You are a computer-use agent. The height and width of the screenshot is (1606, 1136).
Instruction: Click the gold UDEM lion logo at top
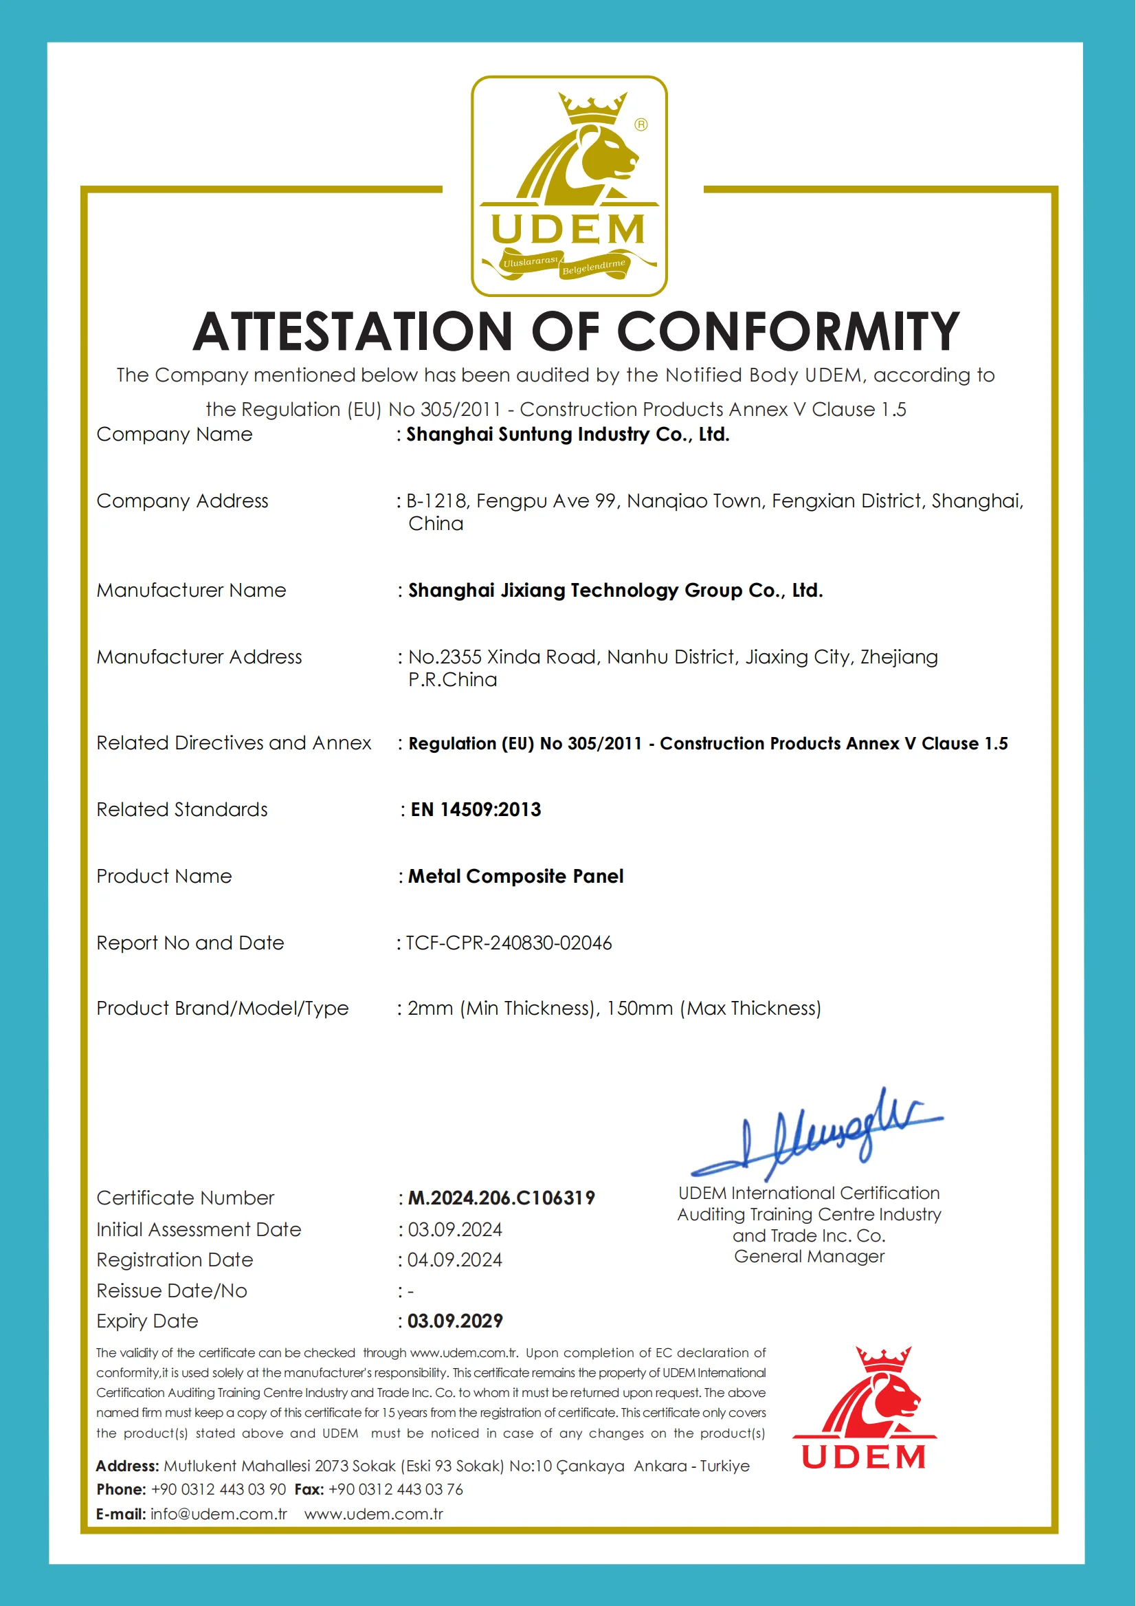(x=569, y=186)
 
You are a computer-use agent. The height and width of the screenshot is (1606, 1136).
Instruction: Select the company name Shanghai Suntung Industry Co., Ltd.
(x=567, y=434)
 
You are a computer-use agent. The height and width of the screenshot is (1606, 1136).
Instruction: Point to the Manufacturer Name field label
(x=191, y=591)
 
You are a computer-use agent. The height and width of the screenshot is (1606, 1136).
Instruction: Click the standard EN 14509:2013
(x=476, y=810)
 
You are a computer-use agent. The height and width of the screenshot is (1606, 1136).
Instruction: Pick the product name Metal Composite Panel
(x=515, y=876)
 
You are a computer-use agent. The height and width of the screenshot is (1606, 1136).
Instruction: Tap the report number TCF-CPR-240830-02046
(x=509, y=943)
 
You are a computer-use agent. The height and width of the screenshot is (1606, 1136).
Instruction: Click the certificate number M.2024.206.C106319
(x=501, y=1198)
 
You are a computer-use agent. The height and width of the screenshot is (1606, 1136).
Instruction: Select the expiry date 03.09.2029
(x=456, y=1321)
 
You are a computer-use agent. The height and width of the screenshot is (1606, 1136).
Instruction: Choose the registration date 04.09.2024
(x=455, y=1260)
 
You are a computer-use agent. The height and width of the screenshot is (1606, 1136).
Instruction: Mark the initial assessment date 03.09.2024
(x=455, y=1229)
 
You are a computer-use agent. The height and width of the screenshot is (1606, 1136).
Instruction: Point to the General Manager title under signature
(x=810, y=1257)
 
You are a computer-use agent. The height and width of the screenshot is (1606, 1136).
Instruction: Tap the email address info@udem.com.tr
(x=219, y=1515)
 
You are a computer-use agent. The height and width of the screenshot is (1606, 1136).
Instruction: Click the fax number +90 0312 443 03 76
(x=395, y=1490)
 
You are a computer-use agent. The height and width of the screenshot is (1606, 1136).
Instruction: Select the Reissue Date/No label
(x=171, y=1291)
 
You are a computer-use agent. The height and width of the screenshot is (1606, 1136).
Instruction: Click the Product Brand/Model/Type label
(x=223, y=1009)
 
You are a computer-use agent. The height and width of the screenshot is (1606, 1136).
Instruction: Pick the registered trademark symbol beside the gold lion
(x=641, y=124)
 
